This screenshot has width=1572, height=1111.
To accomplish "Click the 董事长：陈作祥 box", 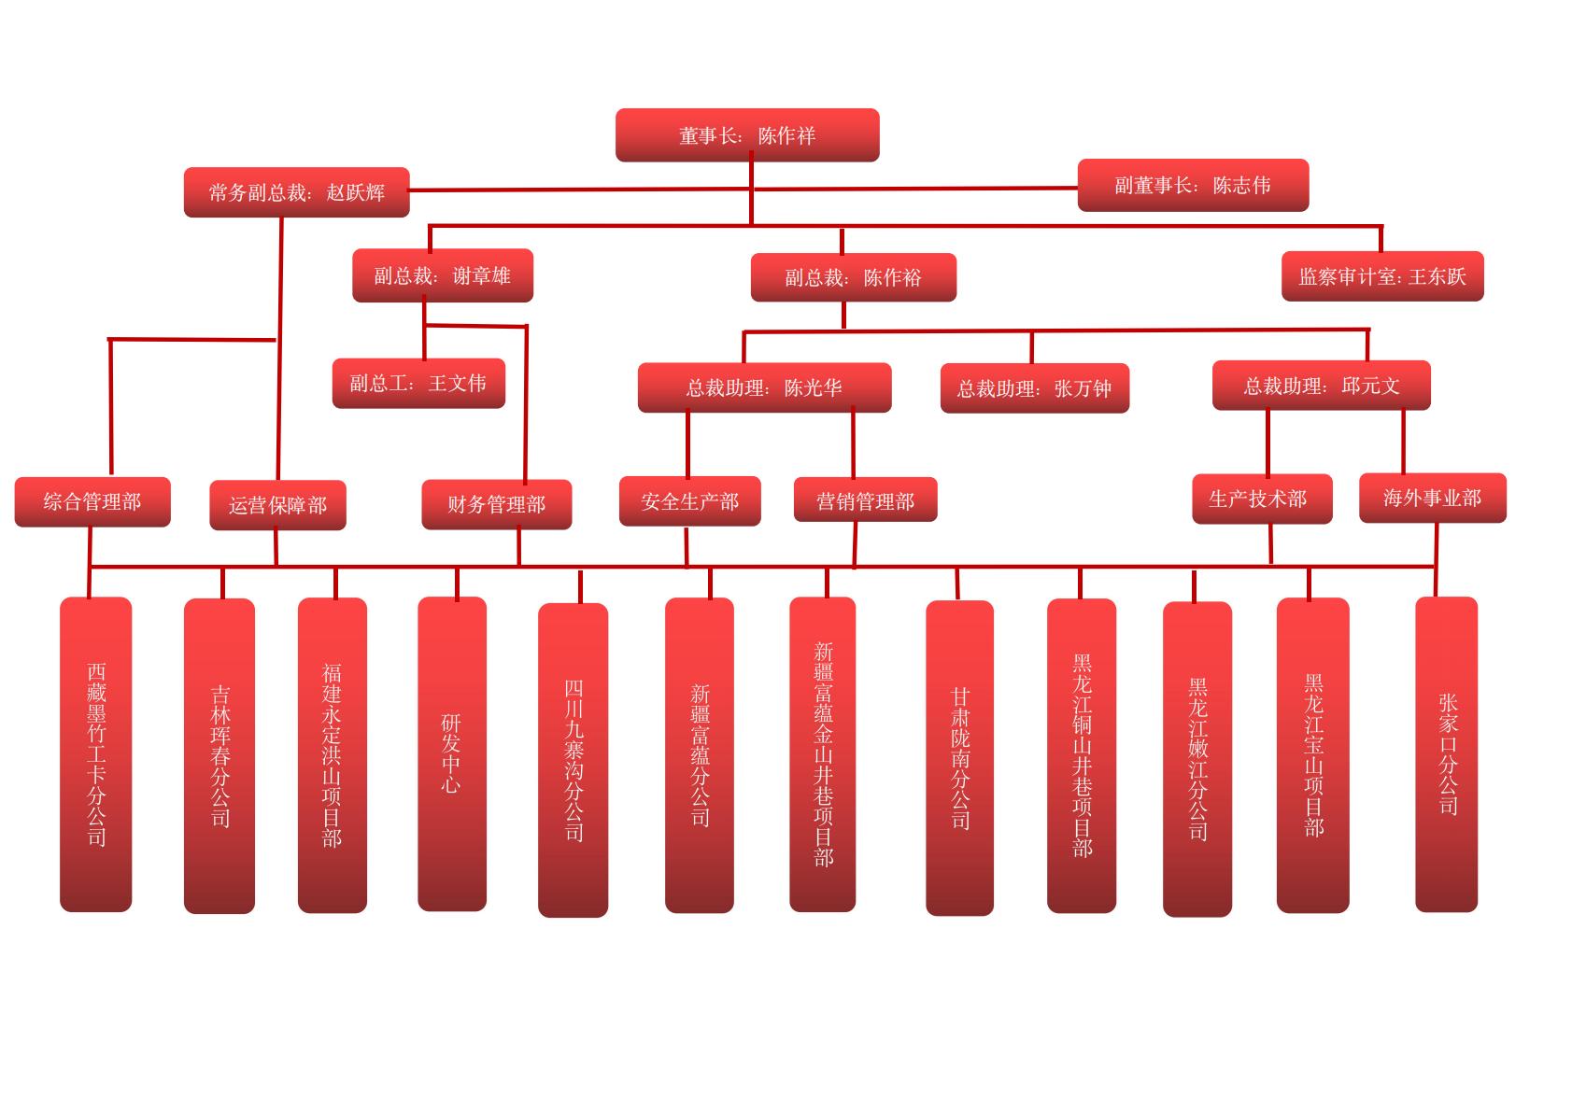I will click(x=747, y=135).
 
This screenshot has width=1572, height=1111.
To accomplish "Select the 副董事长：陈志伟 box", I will click(x=1193, y=185).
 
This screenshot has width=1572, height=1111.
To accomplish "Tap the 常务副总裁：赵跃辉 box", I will click(x=297, y=192).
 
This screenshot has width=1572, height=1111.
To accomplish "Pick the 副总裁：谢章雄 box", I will click(x=443, y=275).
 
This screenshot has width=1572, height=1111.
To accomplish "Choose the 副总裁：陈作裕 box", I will click(x=853, y=277).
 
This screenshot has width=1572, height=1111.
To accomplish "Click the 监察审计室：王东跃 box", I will click(x=1382, y=276).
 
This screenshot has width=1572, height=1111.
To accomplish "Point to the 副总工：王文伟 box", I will click(x=418, y=383).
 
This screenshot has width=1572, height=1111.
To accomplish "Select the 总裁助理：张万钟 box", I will click(x=1035, y=388).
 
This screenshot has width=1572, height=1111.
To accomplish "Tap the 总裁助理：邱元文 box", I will click(x=1322, y=386).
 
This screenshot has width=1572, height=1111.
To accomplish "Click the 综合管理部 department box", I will click(x=92, y=502).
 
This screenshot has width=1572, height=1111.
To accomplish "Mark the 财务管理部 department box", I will click(x=496, y=504).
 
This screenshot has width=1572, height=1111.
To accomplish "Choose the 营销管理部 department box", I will click(x=865, y=501).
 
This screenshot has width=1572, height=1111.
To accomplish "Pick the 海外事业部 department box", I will click(x=1433, y=498).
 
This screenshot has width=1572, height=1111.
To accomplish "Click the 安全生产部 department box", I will click(x=690, y=501).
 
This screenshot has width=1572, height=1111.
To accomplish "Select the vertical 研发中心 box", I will click(x=452, y=753).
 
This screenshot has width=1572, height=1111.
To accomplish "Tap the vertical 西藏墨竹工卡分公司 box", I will click(x=96, y=753).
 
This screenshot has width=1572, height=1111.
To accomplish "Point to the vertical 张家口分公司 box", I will click(x=1447, y=753).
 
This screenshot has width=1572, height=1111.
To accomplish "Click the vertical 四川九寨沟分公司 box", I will click(x=574, y=760).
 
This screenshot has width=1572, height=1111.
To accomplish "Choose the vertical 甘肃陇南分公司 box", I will click(x=960, y=757).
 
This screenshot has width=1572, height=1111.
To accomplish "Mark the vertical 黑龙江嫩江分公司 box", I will click(x=1197, y=759).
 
